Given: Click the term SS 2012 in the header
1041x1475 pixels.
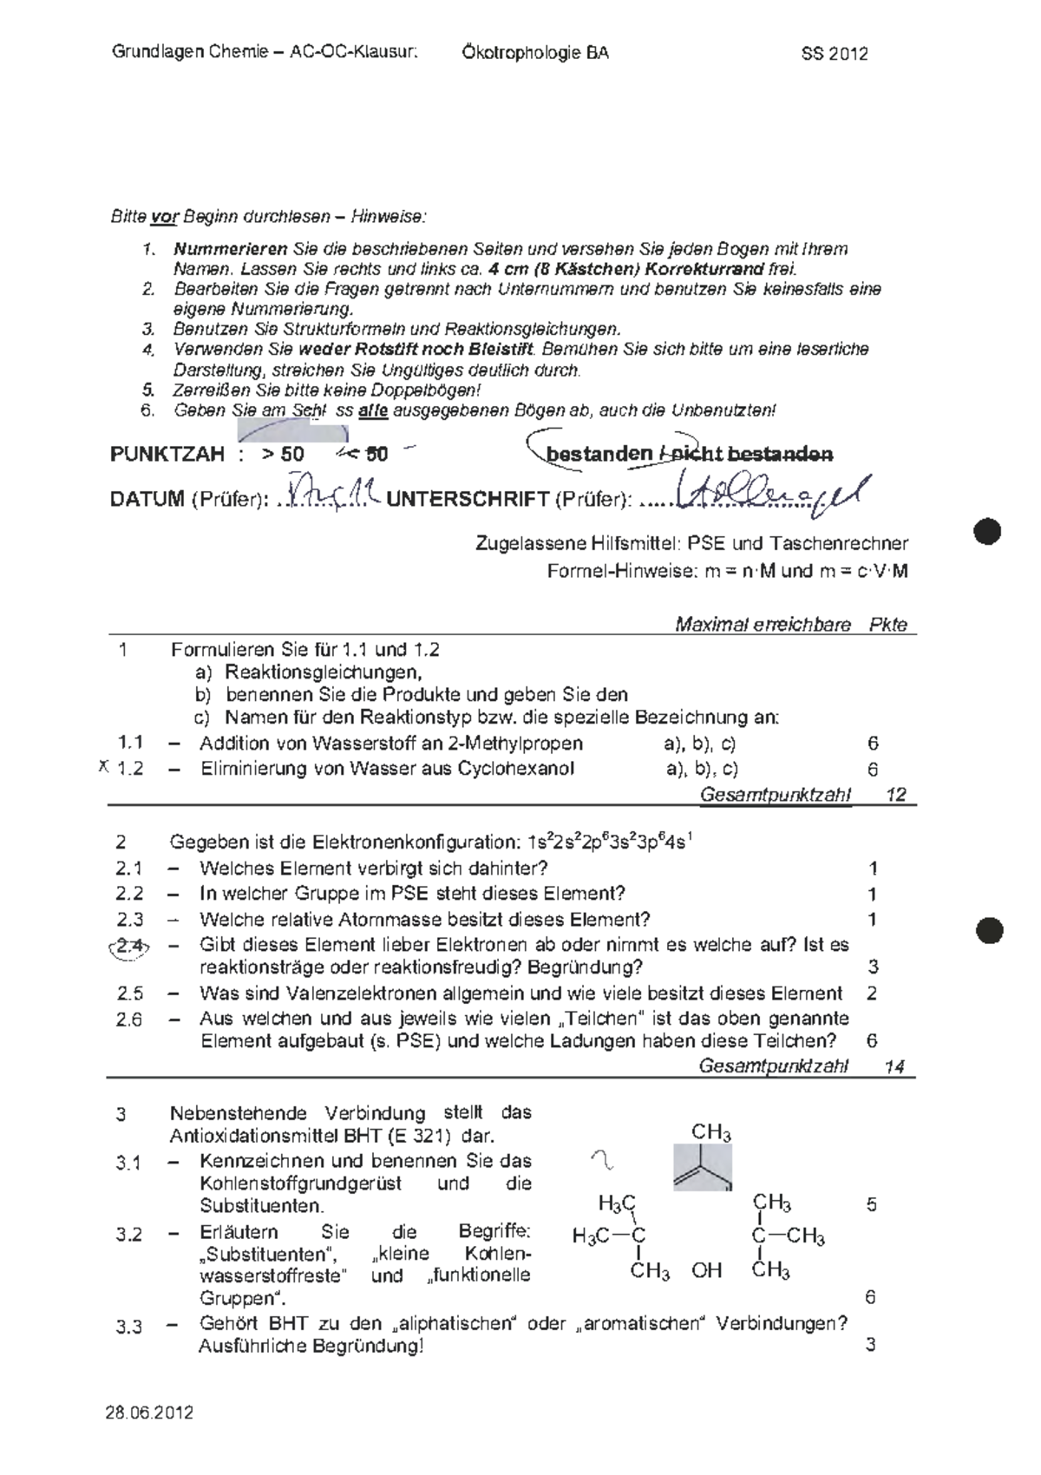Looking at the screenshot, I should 834,54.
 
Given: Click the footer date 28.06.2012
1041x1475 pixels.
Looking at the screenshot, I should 149,1413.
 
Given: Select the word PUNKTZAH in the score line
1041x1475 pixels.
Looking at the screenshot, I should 167,454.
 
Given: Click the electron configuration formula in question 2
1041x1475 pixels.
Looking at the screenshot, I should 608,842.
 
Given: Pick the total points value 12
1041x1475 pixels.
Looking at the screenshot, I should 895,794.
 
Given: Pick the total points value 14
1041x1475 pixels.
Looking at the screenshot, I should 894,1066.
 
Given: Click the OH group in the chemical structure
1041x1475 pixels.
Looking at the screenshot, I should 707,1271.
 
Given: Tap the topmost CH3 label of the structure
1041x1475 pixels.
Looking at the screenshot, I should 710,1133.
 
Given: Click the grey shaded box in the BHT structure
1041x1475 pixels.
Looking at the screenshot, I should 703,1167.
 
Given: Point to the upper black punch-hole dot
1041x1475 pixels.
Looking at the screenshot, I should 987,530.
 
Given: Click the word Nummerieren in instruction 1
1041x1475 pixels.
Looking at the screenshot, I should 218,249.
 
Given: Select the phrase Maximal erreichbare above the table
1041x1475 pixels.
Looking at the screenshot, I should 763,625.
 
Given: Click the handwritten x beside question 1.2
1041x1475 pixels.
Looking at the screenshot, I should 103,766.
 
